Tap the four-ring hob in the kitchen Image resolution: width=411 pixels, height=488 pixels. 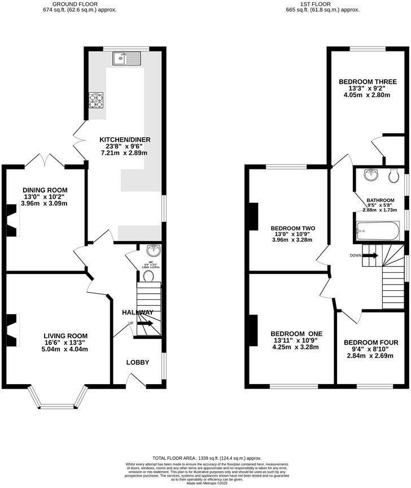96,100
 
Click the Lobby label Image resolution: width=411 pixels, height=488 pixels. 137,362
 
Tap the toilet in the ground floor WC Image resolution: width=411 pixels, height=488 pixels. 149,275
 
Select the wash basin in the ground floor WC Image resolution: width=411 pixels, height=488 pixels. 152,251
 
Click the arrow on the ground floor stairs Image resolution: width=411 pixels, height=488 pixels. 145,324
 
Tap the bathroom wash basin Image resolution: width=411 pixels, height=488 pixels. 370,174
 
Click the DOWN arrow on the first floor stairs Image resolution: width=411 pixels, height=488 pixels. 370,255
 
